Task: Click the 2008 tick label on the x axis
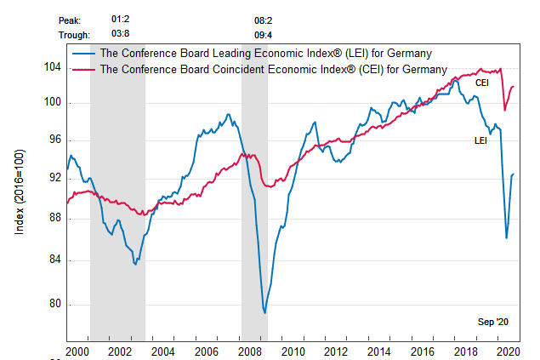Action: tap(250, 351)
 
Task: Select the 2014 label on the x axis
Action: tap(380, 351)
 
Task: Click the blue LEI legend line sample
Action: tap(84, 53)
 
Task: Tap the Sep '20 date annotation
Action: tap(492, 322)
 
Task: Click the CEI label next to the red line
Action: tap(481, 83)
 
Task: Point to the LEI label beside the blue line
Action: tap(480, 140)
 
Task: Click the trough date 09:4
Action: tap(264, 36)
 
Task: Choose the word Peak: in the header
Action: tap(71, 19)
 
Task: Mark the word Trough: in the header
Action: tap(76, 36)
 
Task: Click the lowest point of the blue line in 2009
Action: tap(264, 313)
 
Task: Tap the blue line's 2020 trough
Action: tap(507, 237)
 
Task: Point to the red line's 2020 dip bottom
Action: tap(505, 110)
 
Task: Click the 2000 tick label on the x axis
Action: tap(77, 351)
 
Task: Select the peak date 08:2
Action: tap(264, 19)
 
